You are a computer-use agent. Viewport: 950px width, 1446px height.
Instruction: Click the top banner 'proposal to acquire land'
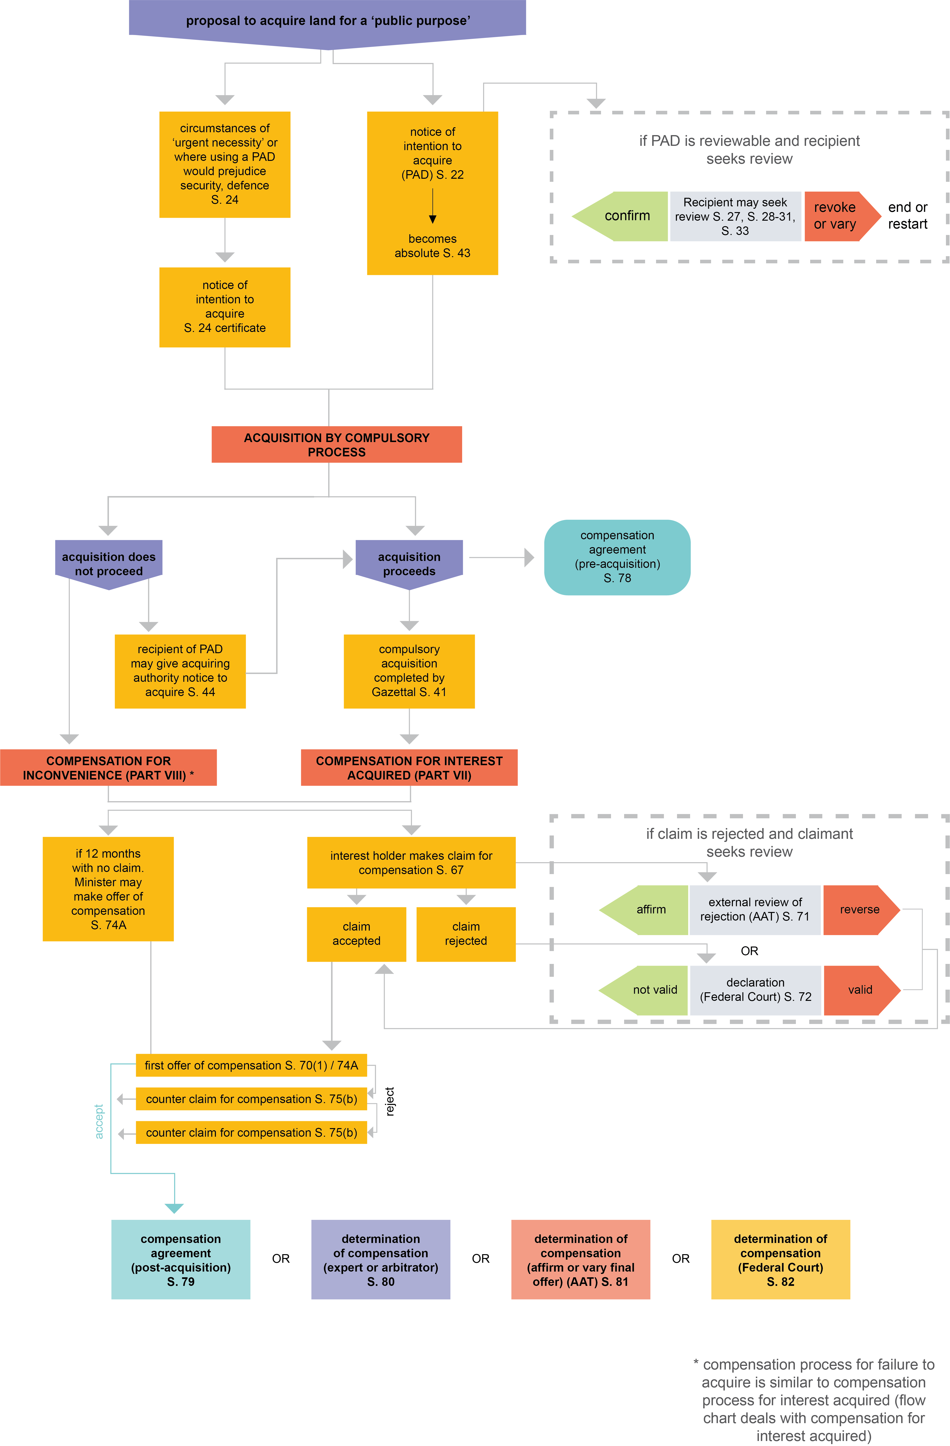(327, 21)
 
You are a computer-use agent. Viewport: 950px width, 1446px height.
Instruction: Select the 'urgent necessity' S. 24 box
(225, 164)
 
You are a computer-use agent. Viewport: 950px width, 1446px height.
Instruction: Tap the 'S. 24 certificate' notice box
(225, 307)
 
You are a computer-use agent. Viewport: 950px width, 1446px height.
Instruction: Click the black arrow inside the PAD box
(433, 207)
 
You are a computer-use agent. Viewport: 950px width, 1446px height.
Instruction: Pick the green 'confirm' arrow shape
(623, 216)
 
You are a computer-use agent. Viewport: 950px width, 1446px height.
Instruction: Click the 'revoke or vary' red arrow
(838, 216)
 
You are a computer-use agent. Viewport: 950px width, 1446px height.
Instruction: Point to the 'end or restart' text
(908, 216)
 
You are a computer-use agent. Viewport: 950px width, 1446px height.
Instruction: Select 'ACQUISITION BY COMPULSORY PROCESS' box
(337, 445)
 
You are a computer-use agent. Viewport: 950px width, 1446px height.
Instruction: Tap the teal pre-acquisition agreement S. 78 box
(617, 557)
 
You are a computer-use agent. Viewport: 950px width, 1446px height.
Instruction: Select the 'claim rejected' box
(466, 934)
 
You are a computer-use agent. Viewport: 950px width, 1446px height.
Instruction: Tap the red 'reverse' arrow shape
(859, 910)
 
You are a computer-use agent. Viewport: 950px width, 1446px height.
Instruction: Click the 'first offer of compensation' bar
(252, 1065)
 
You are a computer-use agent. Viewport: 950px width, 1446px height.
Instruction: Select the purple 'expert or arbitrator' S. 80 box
(381, 1259)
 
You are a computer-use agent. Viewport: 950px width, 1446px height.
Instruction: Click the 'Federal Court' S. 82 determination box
(781, 1259)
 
